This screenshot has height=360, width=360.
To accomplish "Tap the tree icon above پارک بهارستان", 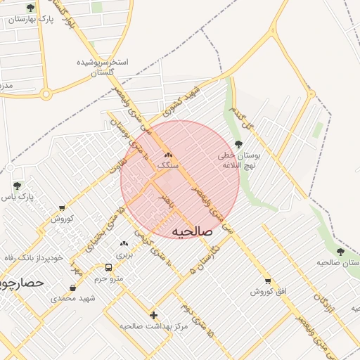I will [x=30, y=8].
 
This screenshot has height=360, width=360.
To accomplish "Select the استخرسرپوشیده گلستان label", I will [x=103, y=67].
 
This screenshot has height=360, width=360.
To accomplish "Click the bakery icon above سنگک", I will [x=167, y=155].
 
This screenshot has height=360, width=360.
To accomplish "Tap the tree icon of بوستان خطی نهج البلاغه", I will [x=238, y=144].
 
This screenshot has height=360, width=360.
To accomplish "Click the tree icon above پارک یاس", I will [x=17, y=186].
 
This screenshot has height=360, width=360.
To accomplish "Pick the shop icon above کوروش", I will [x=62, y=208].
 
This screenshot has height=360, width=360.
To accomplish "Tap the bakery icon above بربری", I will [x=124, y=243].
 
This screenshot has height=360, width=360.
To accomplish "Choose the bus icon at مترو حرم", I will [x=108, y=267].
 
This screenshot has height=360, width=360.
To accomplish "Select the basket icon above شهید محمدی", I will [x=73, y=288].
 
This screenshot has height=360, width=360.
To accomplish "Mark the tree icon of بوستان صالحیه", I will [x=340, y=252].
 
